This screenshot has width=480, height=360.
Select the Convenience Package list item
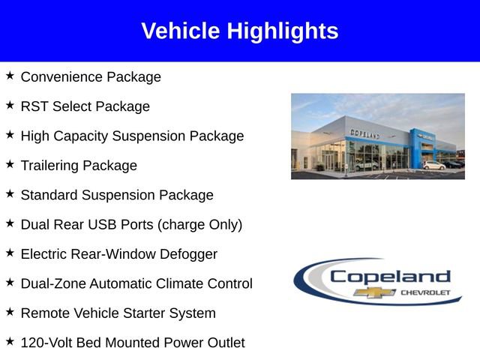pos(91,77)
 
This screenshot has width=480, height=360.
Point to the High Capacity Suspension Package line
pos(132,136)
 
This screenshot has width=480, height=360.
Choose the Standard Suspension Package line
pos(117,195)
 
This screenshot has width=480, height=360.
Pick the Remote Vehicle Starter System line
pos(118,313)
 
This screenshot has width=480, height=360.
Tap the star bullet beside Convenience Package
pos(10,76)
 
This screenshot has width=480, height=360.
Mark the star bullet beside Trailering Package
pos(10,164)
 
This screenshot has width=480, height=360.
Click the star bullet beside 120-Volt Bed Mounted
pos(10,341)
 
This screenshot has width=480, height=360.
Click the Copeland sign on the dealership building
pos(365,133)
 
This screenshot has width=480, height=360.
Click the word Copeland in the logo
pos(390,276)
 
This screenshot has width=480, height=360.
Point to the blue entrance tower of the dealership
pos(416,147)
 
